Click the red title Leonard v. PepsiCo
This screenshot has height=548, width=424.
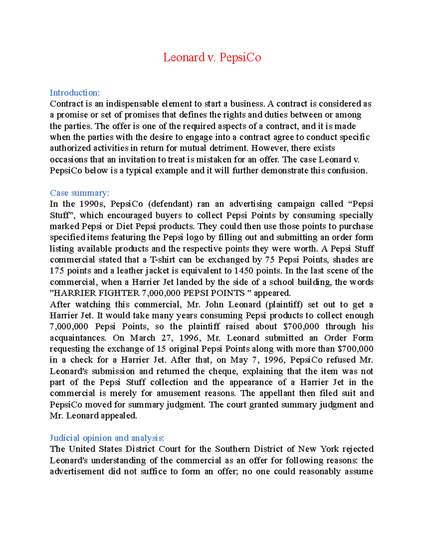coord(212,57)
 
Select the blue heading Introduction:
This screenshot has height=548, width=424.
coord(75,93)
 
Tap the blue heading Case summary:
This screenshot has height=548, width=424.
coord(79,193)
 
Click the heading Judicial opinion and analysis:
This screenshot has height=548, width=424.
coord(107,438)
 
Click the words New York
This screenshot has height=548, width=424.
coord(318,449)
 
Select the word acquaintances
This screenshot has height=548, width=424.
coord(78,338)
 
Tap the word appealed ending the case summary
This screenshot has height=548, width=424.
coord(119,416)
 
